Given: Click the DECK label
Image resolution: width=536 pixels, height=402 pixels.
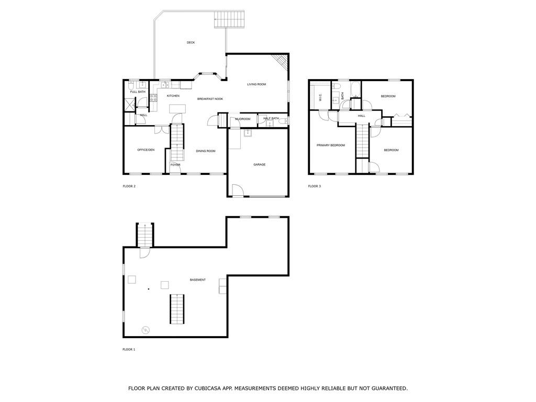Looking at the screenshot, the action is [191, 43].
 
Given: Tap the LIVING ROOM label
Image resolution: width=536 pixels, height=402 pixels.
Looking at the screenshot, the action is [256, 84].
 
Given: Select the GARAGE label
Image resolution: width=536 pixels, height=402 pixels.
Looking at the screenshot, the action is [260, 165].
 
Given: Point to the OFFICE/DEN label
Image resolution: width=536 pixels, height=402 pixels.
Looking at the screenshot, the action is [146, 150].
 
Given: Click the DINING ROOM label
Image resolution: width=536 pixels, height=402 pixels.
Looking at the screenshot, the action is [206, 151].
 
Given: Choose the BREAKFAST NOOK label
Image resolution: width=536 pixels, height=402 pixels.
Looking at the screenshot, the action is [210, 99].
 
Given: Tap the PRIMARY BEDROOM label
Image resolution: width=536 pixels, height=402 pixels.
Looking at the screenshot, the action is [331, 146].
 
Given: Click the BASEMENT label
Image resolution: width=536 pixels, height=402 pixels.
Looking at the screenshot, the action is [198, 280].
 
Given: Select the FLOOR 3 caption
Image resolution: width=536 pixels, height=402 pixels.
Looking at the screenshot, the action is [315, 186].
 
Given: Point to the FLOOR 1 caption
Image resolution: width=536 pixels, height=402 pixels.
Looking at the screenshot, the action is [129, 350].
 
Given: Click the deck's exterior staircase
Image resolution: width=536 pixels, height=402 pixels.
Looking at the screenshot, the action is [229, 19].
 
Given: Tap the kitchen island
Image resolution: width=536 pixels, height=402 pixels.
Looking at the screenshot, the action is [178, 109].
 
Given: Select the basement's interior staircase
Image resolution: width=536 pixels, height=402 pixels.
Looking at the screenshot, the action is [177, 309].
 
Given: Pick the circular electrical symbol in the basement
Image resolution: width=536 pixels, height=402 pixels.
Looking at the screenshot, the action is [146, 330].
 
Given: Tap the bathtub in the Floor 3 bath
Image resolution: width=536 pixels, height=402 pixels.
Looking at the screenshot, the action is [356, 89].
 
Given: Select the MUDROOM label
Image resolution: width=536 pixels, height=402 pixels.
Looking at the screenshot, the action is [243, 119].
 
